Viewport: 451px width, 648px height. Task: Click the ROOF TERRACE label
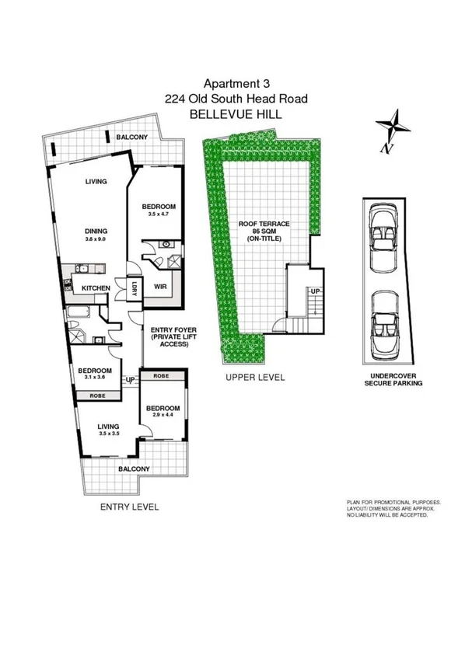pos(264,224)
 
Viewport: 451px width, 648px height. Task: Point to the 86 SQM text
pos(264,232)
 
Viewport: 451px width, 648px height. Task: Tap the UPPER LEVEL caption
pos(255,378)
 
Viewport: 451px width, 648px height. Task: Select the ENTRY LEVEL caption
pos(130,507)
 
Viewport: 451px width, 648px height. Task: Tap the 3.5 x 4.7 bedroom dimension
pos(159,214)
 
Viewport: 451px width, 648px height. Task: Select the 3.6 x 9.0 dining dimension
pos(96,239)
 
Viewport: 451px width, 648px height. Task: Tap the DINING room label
pos(96,231)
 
